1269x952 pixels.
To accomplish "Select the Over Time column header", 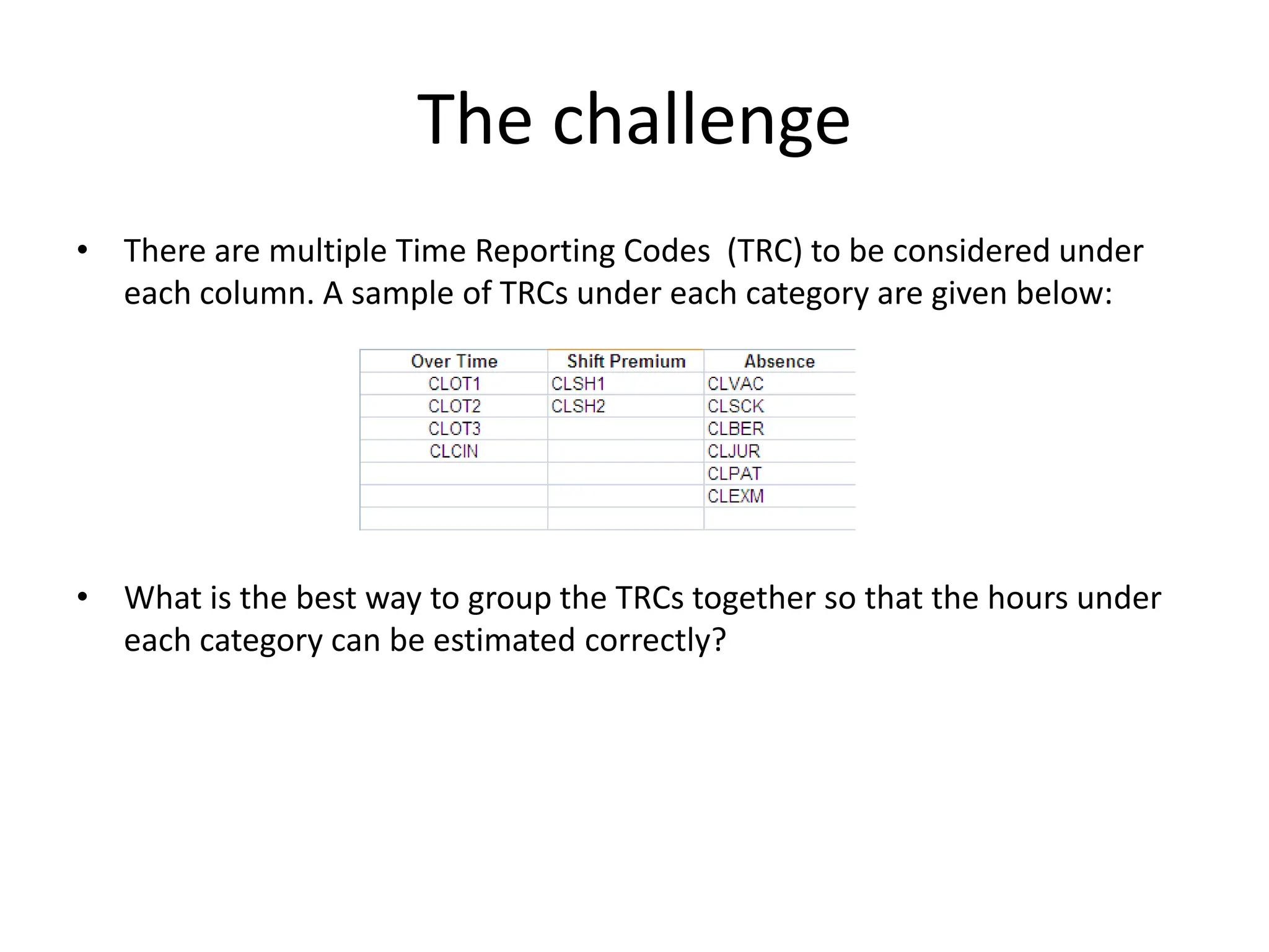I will pyautogui.click(x=454, y=361).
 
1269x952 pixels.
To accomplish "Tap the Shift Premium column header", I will pyautogui.click(x=626, y=361).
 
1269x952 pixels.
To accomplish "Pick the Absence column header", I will pyautogui.click(x=779, y=361).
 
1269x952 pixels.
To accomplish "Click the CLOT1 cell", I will pyautogui.click(x=454, y=384).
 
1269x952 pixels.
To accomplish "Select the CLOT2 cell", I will pyautogui.click(x=454, y=407).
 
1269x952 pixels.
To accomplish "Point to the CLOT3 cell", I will pyautogui.click(x=454, y=429).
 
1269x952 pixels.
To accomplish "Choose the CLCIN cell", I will pyautogui.click(x=454, y=451).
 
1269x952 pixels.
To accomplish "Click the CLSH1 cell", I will pyautogui.click(x=578, y=384).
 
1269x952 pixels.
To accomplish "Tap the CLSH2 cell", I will pyautogui.click(x=578, y=407).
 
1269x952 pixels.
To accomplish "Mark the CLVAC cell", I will pyautogui.click(x=735, y=384).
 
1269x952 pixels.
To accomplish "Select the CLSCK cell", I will pyautogui.click(x=735, y=407).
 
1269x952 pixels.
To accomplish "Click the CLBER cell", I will pyautogui.click(x=735, y=429).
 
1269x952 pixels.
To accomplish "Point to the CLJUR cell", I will pyautogui.click(x=734, y=451).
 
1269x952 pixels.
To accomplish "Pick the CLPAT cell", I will pyautogui.click(x=734, y=474).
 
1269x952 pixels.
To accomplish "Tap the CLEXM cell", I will pyautogui.click(x=735, y=496).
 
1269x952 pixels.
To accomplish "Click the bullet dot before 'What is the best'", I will pyautogui.click(x=82, y=597).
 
